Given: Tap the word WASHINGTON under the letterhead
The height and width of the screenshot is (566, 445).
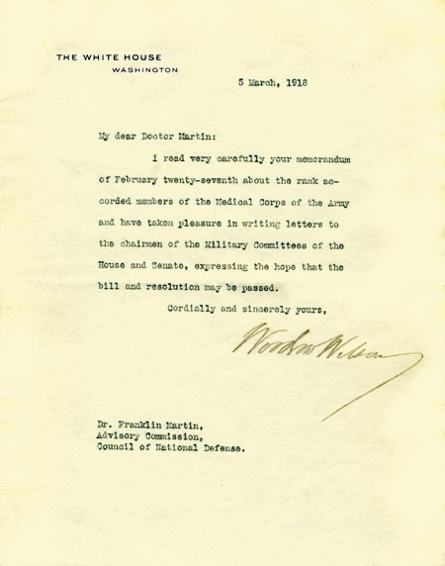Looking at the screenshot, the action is coord(144,70).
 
